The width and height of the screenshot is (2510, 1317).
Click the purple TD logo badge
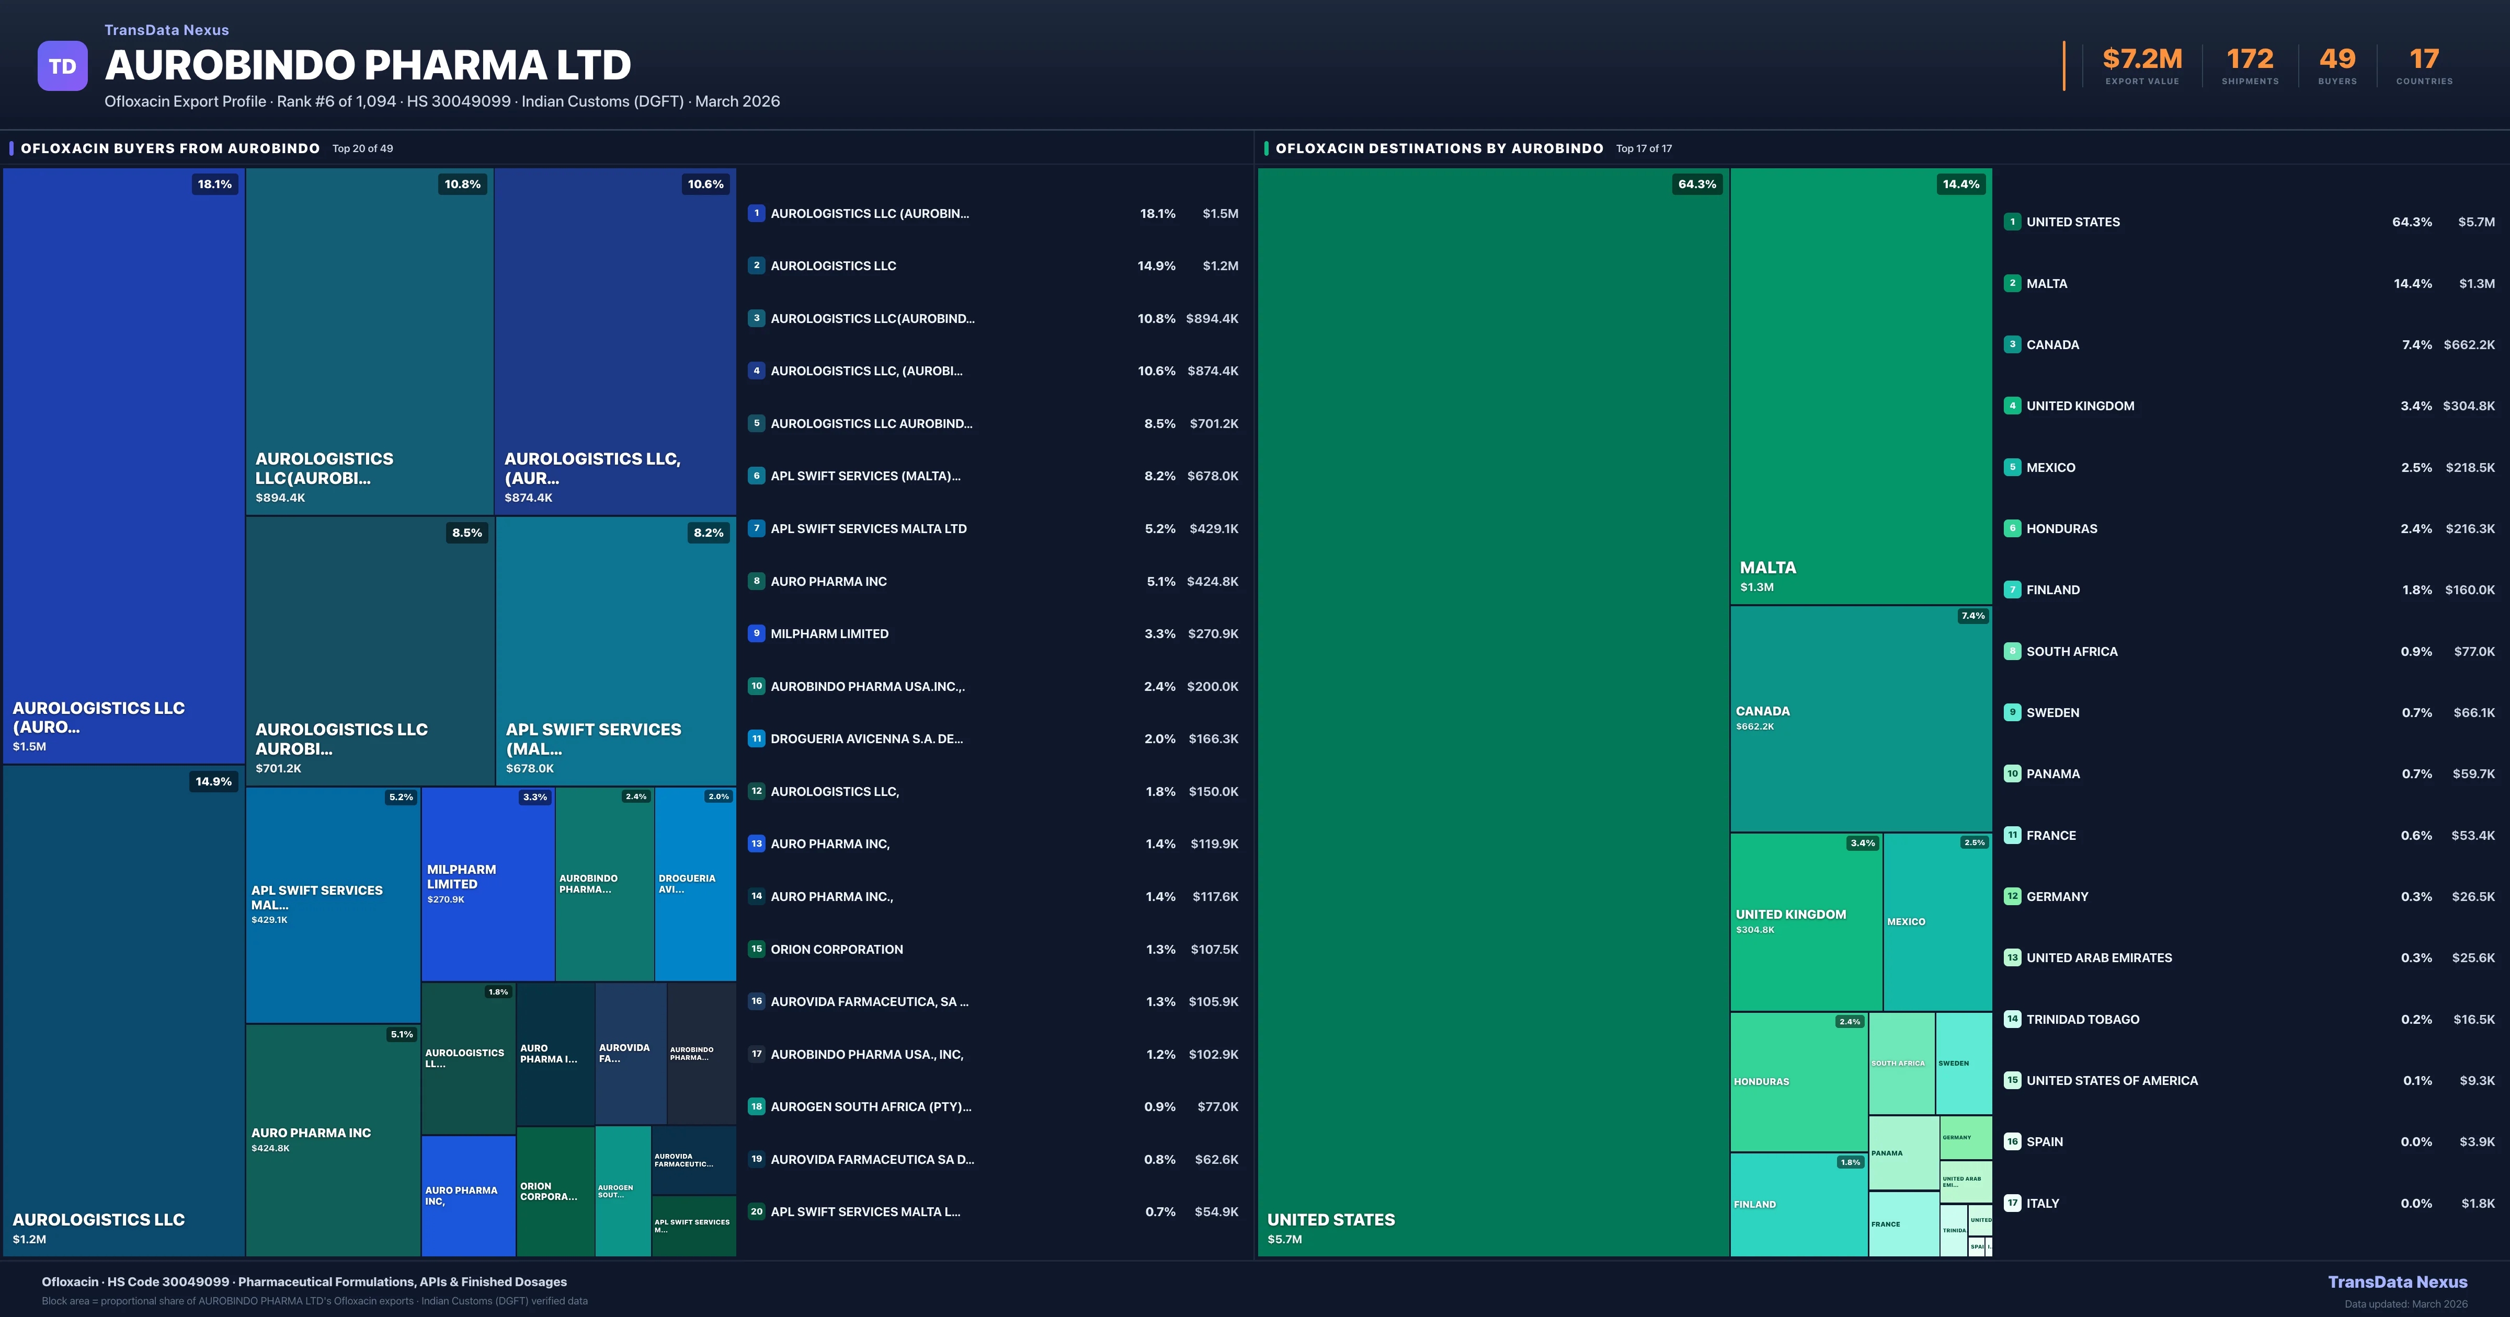point(62,66)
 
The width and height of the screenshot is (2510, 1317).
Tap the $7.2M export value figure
point(2142,60)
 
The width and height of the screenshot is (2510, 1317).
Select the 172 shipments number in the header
point(2250,60)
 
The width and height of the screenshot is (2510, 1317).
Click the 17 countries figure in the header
point(2424,60)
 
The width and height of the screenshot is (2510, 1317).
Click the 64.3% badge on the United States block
point(1696,184)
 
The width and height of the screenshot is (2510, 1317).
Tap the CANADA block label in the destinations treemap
point(1763,711)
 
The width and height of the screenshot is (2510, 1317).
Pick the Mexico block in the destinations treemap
point(1937,921)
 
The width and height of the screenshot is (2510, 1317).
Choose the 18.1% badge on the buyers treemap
point(214,184)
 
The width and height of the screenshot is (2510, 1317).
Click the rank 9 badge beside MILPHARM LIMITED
point(756,633)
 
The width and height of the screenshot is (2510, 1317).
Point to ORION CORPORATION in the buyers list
point(836,949)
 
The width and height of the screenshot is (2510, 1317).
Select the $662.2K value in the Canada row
point(2469,345)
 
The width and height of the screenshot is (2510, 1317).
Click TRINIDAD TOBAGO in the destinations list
point(2082,1019)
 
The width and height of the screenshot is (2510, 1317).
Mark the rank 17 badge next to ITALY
point(2012,1203)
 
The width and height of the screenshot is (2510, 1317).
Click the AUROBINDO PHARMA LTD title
point(367,65)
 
